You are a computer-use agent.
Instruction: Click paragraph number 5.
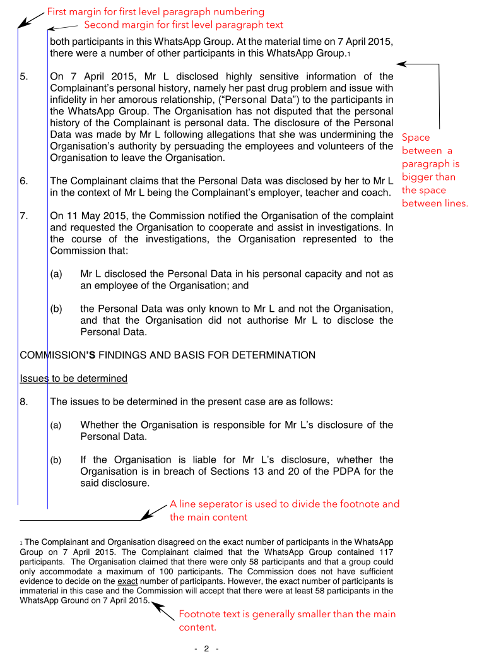pos(23,77)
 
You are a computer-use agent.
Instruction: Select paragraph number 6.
pos(23,181)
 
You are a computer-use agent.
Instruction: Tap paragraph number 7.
pos(23,216)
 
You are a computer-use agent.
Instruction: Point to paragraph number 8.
pos(23,401)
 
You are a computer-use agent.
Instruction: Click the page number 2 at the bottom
pos(206,649)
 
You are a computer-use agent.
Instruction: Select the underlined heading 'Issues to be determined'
pos(74,379)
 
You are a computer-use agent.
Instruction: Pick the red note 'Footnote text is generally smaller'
pos(287,620)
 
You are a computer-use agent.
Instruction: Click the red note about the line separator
pos(284,511)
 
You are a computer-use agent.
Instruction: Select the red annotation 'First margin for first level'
pos(155,12)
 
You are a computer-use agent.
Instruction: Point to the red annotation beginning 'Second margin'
pos(184,25)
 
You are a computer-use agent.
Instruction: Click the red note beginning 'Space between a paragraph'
pos(434,170)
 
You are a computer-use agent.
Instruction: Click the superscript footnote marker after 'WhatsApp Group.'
pos(348,55)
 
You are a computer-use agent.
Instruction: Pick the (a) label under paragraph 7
pos(57,275)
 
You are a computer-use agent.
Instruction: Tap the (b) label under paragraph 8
pos(57,460)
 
